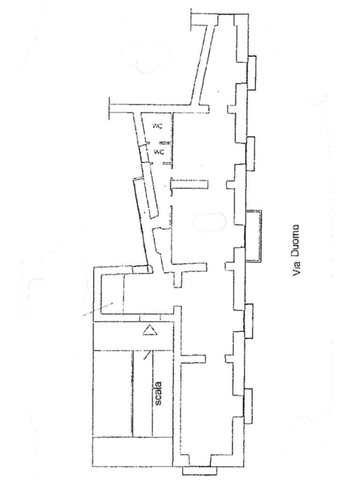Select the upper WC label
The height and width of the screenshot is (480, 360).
click(157, 126)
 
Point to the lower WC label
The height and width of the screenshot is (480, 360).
click(159, 152)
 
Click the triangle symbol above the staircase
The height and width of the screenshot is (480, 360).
click(149, 331)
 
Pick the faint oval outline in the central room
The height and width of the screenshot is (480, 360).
click(210, 222)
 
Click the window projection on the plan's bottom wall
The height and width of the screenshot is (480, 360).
click(196, 471)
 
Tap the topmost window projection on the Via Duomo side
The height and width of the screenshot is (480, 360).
click(252, 73)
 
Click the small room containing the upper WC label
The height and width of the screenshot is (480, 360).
click(157, 127)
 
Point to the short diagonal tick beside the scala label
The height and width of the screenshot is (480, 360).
click(147, 355)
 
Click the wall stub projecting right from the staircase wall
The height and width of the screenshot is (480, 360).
click(192, 359)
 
